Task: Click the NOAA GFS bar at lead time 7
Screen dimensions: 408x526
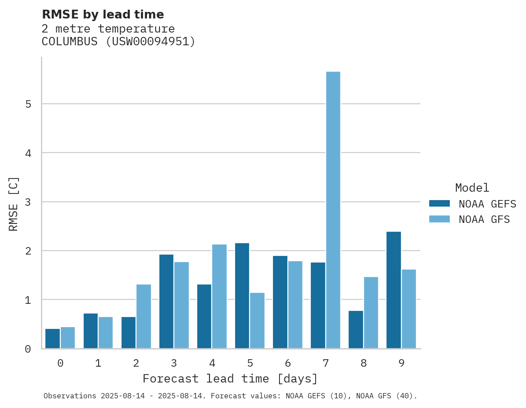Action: tap(333, 210)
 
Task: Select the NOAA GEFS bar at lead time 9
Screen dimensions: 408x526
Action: tap(394, 290)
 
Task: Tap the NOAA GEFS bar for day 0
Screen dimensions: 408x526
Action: tap(52, 339)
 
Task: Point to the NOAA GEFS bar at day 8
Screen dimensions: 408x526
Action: tap(356, 330)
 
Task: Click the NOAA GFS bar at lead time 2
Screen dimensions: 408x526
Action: tap(143, 317)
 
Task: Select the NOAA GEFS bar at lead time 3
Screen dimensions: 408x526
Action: tap(166, 302)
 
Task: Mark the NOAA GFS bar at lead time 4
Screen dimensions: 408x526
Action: tap(219, 296)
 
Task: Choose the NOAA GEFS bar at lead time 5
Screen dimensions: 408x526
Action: tap(242, 295)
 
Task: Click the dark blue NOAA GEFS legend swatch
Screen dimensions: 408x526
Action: tap(439, 204)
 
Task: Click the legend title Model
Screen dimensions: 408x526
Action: tap(472, 188)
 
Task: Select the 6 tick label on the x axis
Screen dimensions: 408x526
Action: tap(288, 363)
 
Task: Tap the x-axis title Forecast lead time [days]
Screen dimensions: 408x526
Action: tap(230, 379)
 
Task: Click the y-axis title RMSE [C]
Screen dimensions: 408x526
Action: tap(14, 204)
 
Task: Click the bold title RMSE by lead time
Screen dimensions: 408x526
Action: tap(103, 15)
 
